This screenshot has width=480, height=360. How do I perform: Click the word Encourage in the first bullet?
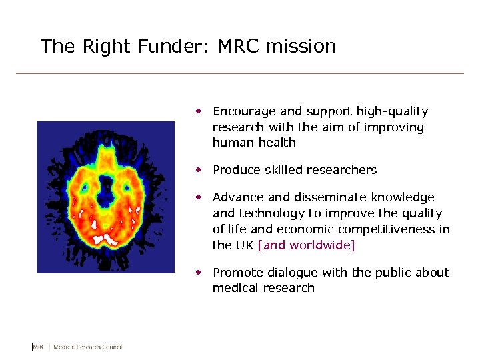coord(241,111)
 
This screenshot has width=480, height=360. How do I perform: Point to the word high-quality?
coord(393,111)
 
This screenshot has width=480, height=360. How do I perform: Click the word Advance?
coord(237,197)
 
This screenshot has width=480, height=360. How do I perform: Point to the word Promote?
coord(237,273)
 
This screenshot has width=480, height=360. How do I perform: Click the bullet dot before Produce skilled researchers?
coord(199,170)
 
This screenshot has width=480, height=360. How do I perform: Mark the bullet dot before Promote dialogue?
coord(199,273)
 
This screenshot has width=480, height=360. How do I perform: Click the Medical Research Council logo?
coord(77,346)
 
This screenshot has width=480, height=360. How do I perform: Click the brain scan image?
coord(105,197)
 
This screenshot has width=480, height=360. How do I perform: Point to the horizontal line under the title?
coord(239,73)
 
